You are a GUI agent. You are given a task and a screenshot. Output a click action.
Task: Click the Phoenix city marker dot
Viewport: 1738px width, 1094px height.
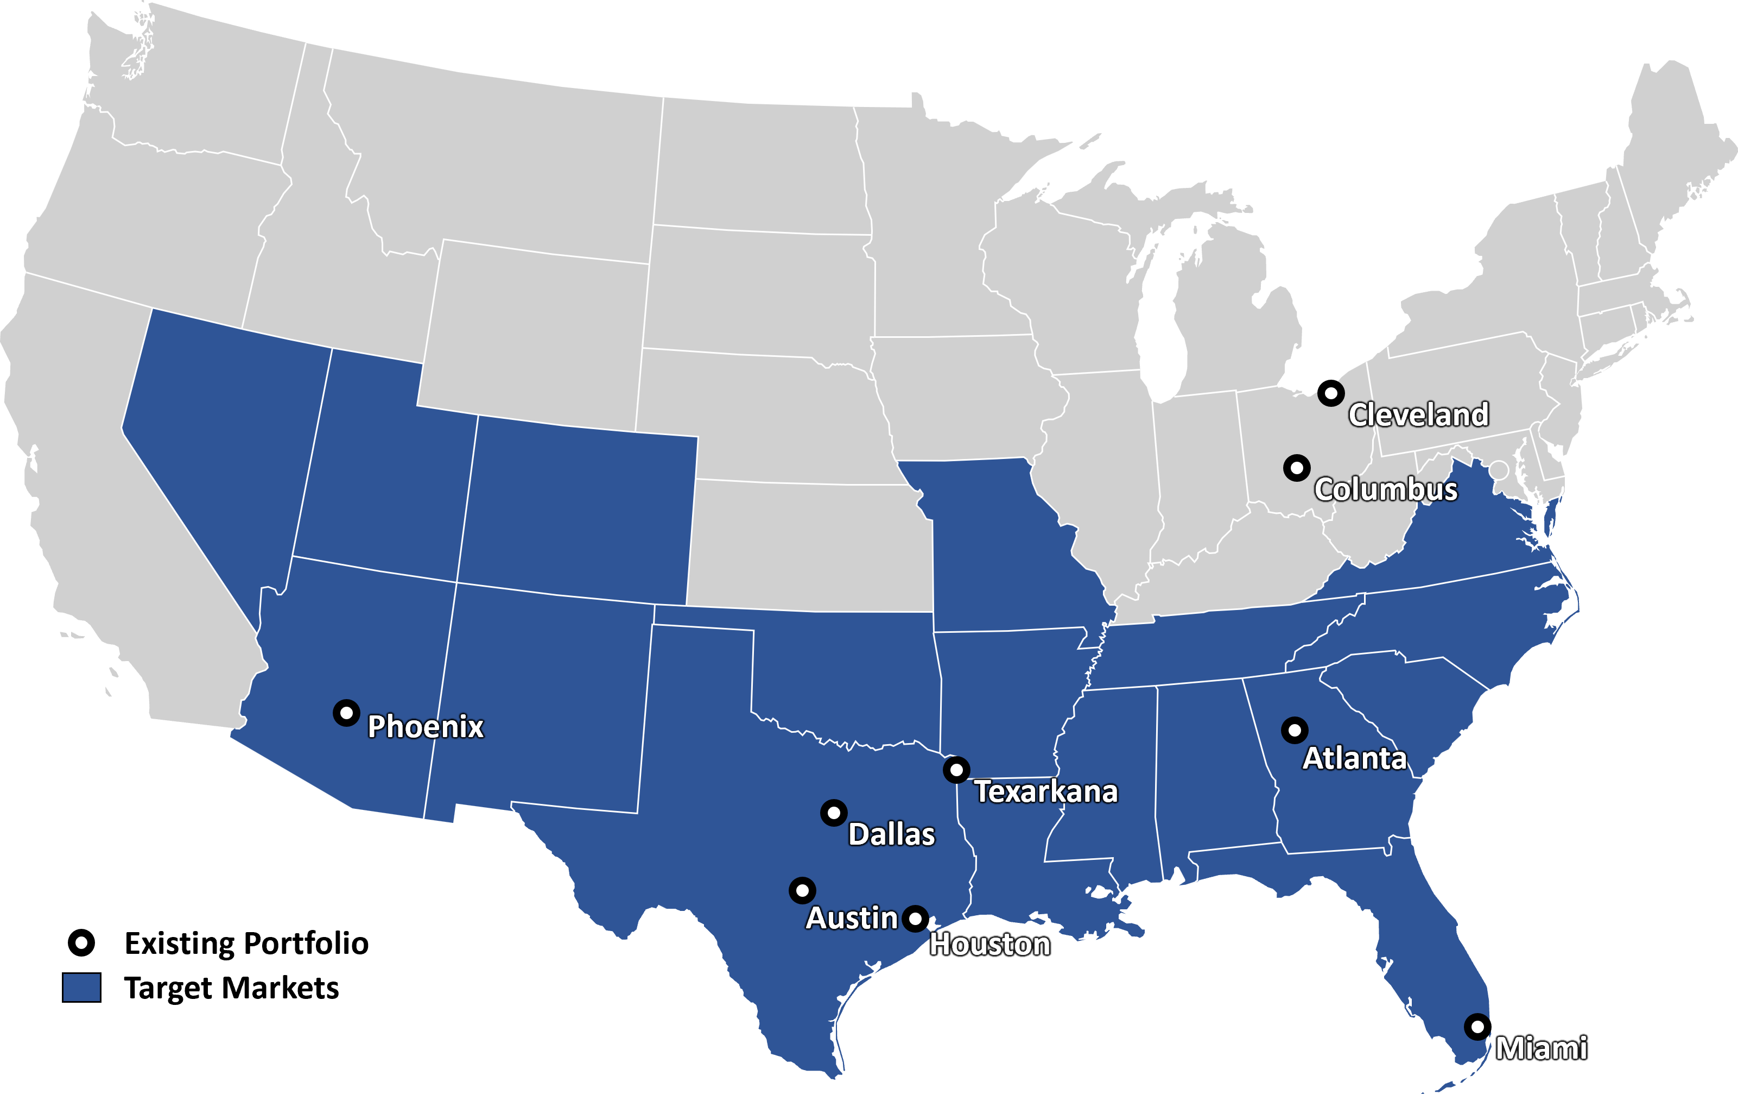pos(346,713)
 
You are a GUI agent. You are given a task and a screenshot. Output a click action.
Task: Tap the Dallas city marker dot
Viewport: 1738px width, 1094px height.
pos(834,813)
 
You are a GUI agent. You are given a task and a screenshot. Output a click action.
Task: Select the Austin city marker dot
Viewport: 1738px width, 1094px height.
pos(802,890)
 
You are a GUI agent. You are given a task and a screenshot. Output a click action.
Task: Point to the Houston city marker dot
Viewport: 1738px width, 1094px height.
pos(915,919)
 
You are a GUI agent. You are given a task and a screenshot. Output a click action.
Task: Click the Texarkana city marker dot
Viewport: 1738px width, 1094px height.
pos(956,770)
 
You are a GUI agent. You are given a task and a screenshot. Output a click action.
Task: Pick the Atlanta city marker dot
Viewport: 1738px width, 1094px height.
pos(1294,730)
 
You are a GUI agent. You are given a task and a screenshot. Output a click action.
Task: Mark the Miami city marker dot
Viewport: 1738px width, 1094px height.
pos(1477,1026)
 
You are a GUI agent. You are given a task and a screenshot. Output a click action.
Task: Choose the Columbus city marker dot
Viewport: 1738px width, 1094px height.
pos(1296,468)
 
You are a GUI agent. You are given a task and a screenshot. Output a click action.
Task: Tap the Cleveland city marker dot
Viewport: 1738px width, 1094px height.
pos(1331,394)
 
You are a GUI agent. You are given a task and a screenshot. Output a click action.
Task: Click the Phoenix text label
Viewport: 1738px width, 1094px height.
pos(426,726)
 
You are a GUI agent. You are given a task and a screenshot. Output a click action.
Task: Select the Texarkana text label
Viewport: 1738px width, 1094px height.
pos(1046,791)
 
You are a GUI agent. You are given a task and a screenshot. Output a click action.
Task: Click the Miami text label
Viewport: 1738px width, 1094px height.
pos(1541,1048)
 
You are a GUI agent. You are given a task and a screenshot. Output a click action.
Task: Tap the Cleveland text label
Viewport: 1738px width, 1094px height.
pos(1419,414)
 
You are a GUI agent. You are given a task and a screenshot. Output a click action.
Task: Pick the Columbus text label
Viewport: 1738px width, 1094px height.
pos(1386,489)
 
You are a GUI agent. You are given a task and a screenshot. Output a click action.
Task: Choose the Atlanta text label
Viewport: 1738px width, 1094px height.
pos(1355,758)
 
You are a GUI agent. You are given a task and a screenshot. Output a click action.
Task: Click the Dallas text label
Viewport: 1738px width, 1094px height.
pos(891,834)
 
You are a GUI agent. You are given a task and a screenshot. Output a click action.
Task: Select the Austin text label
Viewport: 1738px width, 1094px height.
pos(852,918)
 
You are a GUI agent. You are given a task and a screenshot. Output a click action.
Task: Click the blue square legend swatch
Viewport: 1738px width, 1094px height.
pos(81,987)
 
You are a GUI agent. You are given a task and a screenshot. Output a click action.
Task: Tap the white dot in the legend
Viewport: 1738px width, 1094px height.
pos(81,942)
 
